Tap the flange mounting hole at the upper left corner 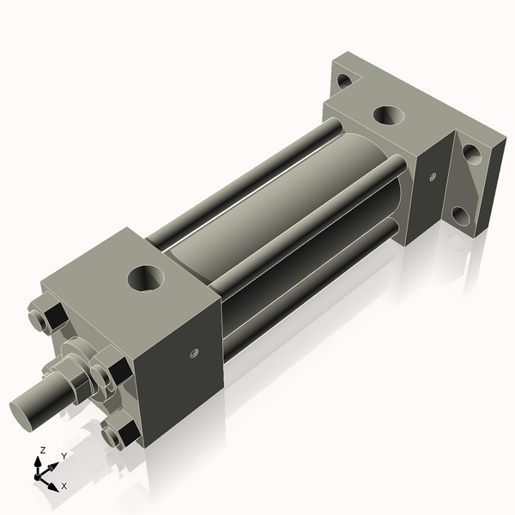pyautogui.click(x=344, y=82)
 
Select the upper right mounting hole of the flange pyautogui.click(x=471, y=155)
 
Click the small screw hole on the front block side pyautogui.click(x=194, y=351)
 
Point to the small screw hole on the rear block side pyautogui.click(x=433, y=178)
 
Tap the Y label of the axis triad pyautogui.click(x=64, y=456)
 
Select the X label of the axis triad pyautogui.click(x=64, y=486)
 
